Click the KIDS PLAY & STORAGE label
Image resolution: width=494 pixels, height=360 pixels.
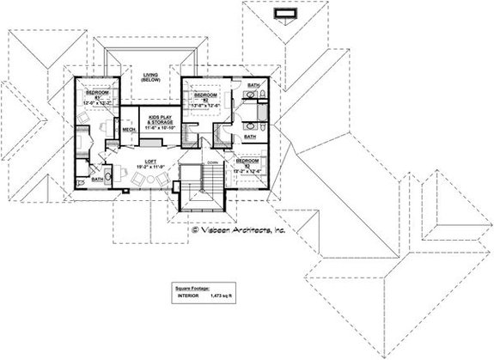[x=160, y=120]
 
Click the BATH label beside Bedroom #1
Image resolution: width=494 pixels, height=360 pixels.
[x=97, y=180]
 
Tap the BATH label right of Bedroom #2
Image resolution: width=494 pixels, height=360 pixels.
[x=253, y=86]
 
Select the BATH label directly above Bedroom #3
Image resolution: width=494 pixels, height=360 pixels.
[x=249, y=136]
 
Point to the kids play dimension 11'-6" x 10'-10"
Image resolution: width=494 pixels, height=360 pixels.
[x=160, y=130]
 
